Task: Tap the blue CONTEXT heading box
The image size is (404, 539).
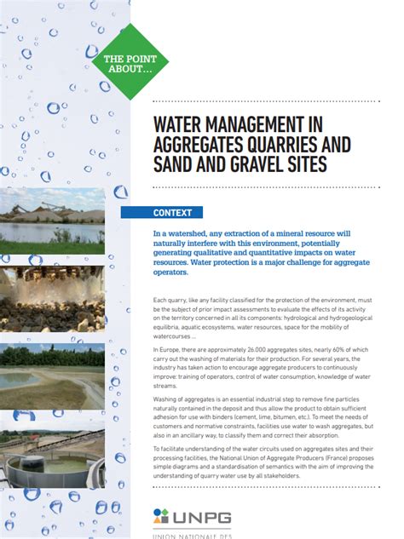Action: pos(172,213)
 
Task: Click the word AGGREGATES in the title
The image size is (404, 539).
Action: pos(198,142)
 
